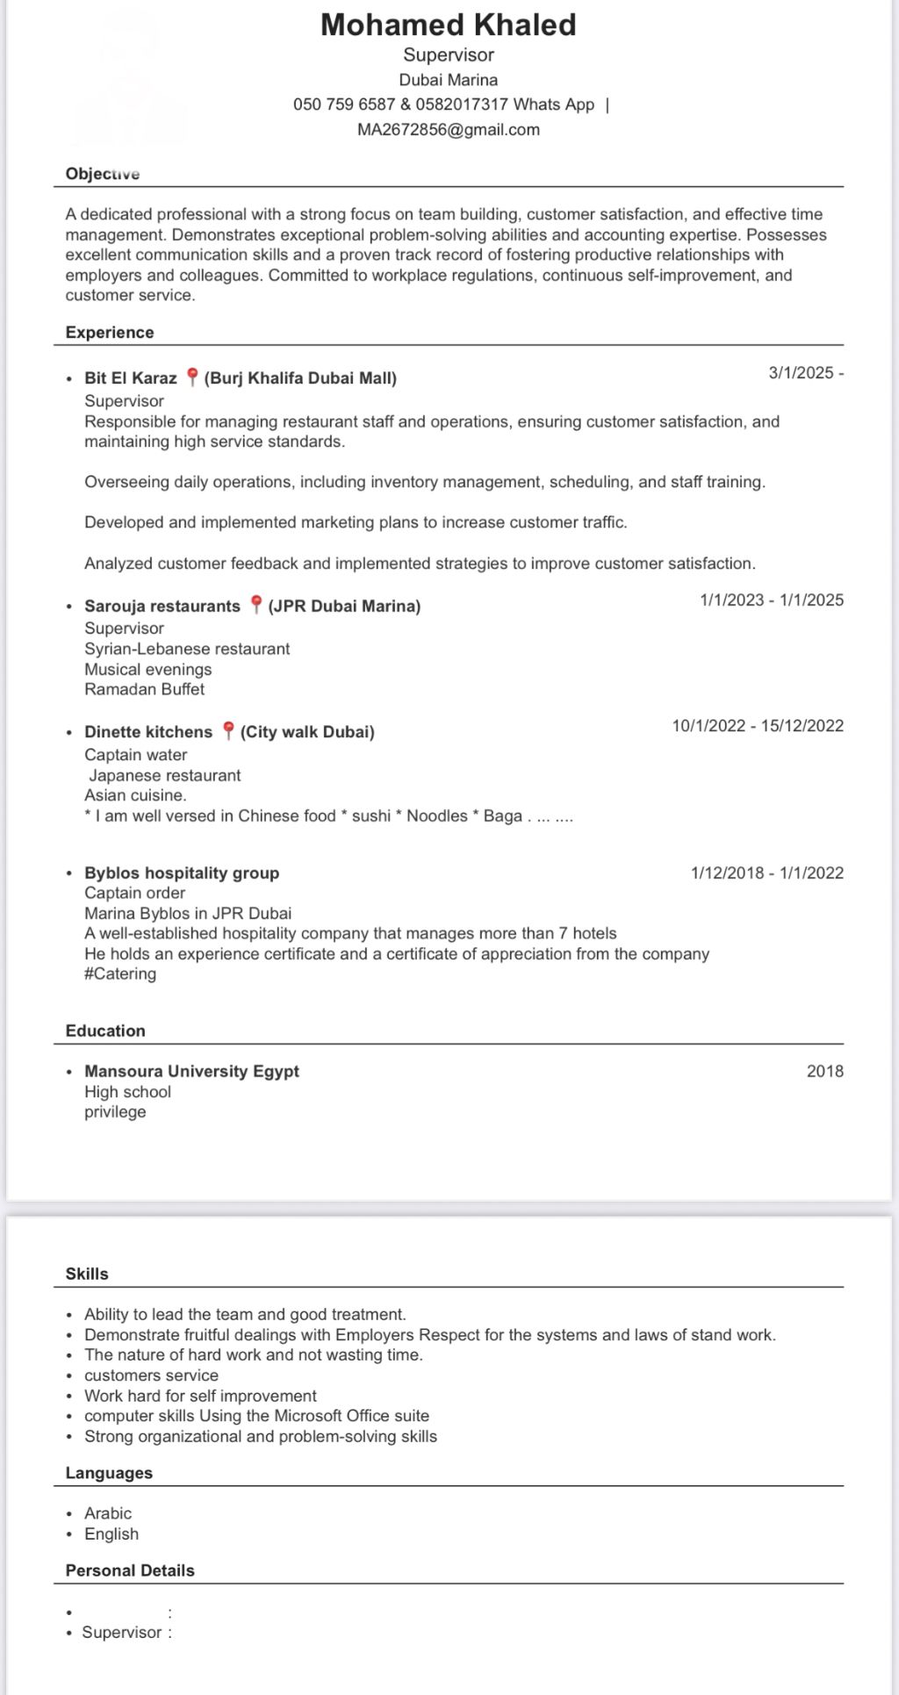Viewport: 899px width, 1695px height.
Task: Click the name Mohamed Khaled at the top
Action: coord(448,25)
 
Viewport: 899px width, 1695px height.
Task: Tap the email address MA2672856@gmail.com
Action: coord(448,130)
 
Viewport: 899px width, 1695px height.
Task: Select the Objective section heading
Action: coord(103,174)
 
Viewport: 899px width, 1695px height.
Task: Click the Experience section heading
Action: coord(110,333)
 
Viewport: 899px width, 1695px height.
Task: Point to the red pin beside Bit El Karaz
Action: coord(191,378)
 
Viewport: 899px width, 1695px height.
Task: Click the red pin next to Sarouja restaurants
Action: coord(255,605)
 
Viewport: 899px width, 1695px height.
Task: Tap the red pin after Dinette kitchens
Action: coord(227,731)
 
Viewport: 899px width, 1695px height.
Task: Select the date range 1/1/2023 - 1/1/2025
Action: coord(771,600)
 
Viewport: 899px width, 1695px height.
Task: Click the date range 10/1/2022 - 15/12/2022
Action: coord(758,726)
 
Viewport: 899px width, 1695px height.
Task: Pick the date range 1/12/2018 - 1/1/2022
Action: coord(766,873)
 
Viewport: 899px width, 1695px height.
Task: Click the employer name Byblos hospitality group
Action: coord(182,873)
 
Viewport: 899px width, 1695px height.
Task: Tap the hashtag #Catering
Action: coord(120,973)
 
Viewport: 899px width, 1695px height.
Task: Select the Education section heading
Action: coord(105,1031)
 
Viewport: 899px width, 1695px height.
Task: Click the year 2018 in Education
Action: coord(824,1071)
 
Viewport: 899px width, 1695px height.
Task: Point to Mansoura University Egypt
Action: coord(191,1071)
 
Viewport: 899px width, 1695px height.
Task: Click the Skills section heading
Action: coord(87,1274)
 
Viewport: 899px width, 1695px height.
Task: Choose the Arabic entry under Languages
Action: coord(108,1513)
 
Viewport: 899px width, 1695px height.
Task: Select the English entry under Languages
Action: coord(111,1533)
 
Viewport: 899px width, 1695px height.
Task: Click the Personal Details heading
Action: coord(130,1570)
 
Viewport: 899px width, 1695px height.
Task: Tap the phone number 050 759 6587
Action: coord(344,104)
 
